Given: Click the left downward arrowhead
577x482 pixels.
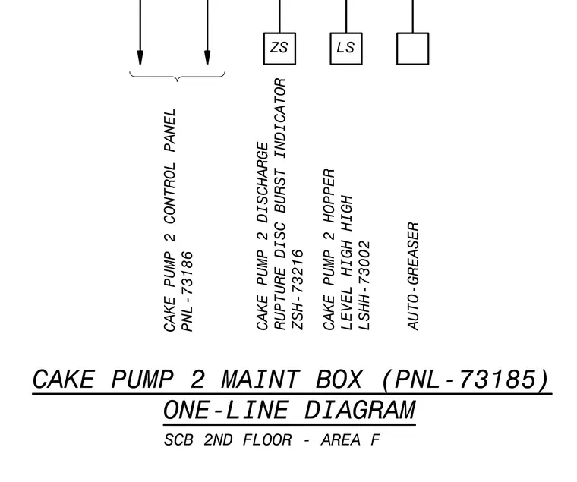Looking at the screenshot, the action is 140,58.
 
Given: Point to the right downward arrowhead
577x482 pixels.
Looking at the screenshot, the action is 207,58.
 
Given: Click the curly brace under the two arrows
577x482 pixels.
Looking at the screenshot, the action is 178,77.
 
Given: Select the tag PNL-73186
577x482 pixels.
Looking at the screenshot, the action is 188,291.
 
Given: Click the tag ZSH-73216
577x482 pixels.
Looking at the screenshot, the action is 298,289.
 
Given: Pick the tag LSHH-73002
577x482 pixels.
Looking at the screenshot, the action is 364,285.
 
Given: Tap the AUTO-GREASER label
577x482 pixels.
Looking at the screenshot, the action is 413,276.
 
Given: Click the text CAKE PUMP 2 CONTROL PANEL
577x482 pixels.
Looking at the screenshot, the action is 169,220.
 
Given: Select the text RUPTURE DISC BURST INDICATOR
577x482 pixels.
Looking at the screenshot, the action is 280,204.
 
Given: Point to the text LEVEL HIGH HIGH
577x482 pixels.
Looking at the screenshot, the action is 347,263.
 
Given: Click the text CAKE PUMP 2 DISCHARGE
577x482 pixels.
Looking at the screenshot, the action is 263,236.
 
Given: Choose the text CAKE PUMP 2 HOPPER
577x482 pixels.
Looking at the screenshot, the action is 329,250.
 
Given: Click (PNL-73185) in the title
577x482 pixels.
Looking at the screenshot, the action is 467,380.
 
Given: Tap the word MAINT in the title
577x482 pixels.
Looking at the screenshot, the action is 260,380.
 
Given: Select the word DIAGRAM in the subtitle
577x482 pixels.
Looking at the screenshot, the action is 361,410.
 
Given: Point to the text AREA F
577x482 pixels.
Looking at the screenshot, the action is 350,440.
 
